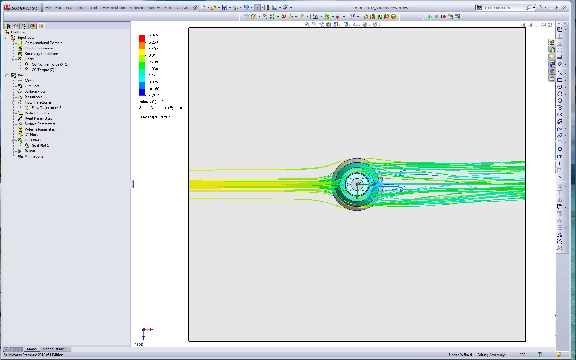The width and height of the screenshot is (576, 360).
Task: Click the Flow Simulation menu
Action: pyautogui.click(x=114, y=8)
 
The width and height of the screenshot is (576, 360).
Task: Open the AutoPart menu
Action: pyautogui.click(x=182, y=8)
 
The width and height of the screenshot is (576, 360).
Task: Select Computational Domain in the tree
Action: pyautogui.click(x=43, y=43)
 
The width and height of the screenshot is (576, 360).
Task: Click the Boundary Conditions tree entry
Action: pyautogui.click(x=42, y=54)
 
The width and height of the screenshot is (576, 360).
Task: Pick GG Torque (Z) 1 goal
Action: pyautogui.click(x=44, y=70)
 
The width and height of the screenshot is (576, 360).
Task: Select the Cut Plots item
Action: pyautogui.click(x=32, y=86)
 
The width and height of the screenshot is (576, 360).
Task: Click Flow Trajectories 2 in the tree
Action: pyautogui.click(x=46, y=108)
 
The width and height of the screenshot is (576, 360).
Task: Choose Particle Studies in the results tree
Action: pyautogui.click(x=37, y=113)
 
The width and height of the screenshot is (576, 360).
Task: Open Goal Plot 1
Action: pyautogui.click(x=40, y=145)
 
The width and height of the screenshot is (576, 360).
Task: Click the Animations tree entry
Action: pyautogui.click(x=34, y=156)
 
